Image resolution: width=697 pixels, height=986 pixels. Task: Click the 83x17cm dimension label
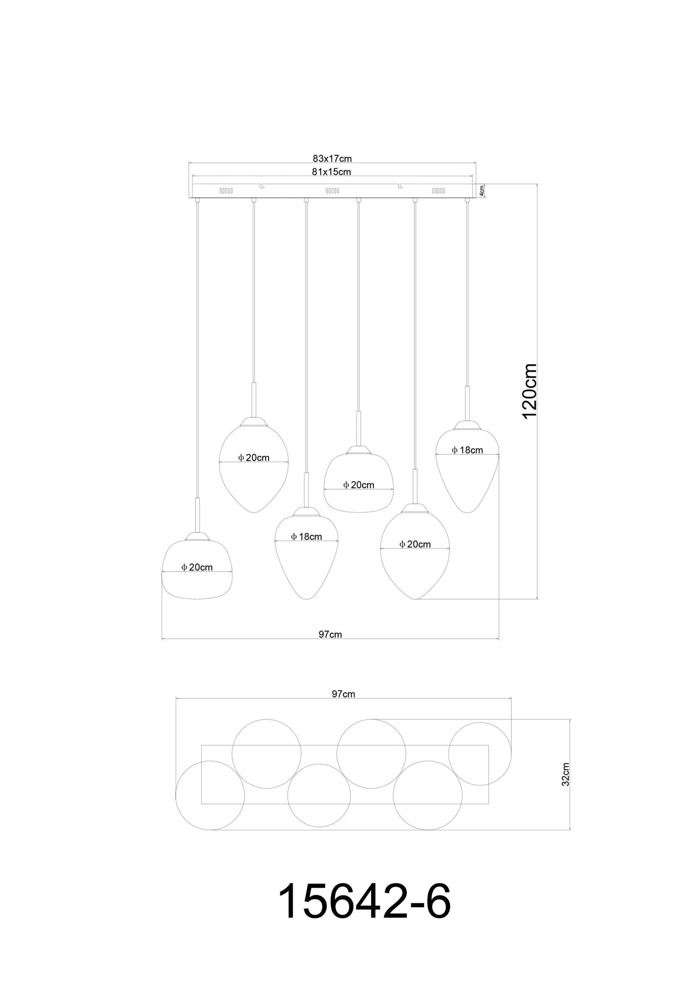click(332, 158)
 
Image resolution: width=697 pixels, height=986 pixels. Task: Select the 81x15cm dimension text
click(332, 172)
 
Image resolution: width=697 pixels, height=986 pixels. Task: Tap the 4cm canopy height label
click(481, 191)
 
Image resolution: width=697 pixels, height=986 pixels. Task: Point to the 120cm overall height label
click(529, 391)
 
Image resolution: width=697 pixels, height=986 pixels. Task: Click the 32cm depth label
click(565, 788)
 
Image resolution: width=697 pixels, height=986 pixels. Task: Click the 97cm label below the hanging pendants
click(330, 634)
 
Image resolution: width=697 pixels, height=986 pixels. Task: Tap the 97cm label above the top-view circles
click(343, 694)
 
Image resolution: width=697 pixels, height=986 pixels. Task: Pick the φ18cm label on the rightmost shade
click(467, 450)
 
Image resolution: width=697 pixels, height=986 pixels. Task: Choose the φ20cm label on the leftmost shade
click(197, 567)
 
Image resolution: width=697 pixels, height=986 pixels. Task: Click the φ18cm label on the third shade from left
click(306, 536)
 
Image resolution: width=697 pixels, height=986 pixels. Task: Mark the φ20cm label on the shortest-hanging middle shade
click(358, 485)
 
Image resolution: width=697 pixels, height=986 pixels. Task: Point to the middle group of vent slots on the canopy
click(332, 191)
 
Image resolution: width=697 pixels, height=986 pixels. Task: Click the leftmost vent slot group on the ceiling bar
click(226, 191)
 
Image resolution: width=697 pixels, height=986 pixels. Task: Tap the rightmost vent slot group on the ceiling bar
click(438, 191)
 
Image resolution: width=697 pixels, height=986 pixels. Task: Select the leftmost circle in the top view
click(210, 795)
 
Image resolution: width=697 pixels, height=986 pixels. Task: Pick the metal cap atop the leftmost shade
click(197, 536)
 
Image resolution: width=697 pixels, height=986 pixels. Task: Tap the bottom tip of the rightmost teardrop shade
click(467, 511)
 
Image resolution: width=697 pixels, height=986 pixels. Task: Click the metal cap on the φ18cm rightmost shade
click(467, 425)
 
